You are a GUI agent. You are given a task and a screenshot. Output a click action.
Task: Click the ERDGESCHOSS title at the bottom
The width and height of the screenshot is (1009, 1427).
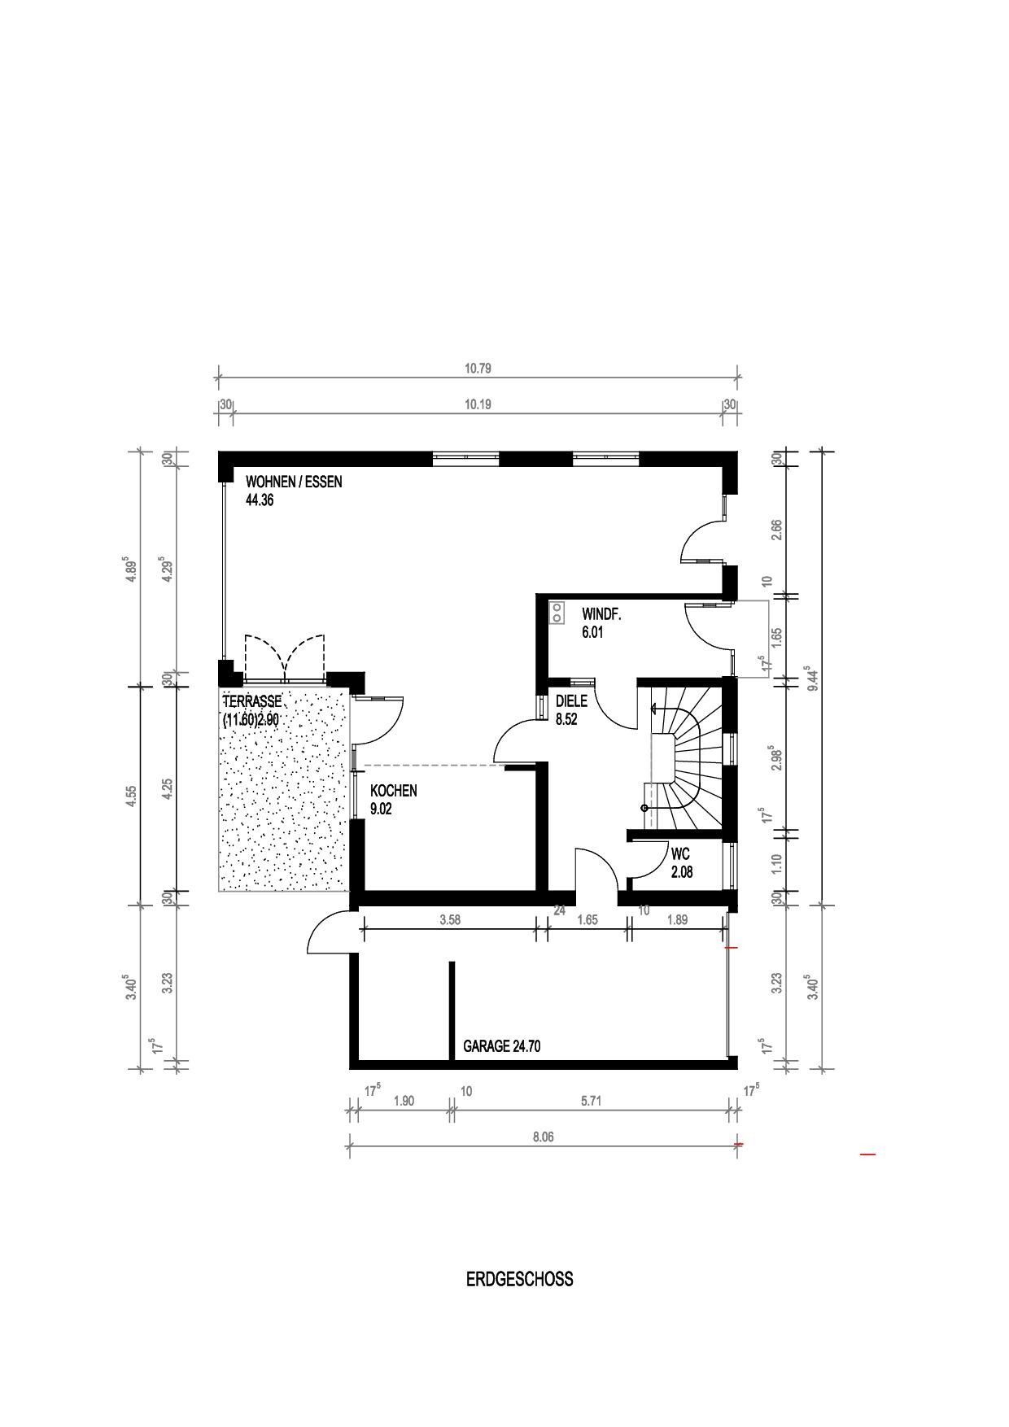pyautogui.click(x=519, y=1279)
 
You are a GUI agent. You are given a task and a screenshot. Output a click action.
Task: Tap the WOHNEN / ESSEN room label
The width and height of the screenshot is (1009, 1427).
pyautogui.click(x=294, y=482)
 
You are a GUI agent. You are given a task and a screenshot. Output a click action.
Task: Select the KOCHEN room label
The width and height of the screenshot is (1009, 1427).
pyautogui.click(x=394, y=791)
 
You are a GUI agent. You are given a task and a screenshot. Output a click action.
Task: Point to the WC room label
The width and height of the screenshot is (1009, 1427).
pyautogui.click(x=680, y=855)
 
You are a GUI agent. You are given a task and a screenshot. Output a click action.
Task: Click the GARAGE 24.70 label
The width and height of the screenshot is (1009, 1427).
pyautogui.click(x=502, y=1046)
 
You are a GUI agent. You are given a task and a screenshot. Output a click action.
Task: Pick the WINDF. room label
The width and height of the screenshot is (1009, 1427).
pyautogui.click(x=601, y=615)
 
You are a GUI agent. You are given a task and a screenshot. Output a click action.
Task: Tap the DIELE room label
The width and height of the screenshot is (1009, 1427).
pyautogui.click(x=571, y=701)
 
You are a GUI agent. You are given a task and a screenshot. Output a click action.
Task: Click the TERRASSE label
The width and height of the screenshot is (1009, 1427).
pyautogui.click(x=252, y=701)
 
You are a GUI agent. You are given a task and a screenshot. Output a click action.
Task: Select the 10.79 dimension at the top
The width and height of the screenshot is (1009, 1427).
pyautogui.click(x=478, y=368)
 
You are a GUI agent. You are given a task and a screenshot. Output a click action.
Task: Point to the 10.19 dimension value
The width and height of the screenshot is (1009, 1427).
pyautogui.click(x=478, y=404)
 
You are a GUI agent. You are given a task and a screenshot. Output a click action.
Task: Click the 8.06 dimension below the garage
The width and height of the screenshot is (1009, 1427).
pyautogui.click(x=543, y=1137)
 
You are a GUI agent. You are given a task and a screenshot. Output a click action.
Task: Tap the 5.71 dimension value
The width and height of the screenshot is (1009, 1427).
pyautogui.click(x=591, y=1101)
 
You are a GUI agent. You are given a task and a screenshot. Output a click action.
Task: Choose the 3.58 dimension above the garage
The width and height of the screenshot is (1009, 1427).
pyautogui.click(x=450, y=920)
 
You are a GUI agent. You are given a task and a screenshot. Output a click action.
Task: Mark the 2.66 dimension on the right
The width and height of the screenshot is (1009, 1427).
pyautogui.click(x=776, y=530)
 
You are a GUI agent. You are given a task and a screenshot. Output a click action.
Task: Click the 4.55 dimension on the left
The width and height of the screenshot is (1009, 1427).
pyautogui.click(x=130, y=795)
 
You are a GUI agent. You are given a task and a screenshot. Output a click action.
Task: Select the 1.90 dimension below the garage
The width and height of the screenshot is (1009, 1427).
pyautogui.click(x=404, y=1101)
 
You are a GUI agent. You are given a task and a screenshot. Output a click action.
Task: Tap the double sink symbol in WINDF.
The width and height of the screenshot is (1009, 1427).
pyautogui.click(x=557, y=612)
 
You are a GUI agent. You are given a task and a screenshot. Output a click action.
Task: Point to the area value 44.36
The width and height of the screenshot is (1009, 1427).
pyautogui.click(x=260, y=500)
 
